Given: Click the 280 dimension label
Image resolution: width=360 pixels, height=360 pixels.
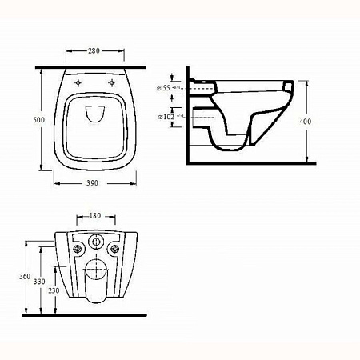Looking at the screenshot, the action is point(94,50).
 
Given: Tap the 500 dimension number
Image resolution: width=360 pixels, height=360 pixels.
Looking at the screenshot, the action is point(39,120).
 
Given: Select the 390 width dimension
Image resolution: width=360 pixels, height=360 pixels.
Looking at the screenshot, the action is point(92,183).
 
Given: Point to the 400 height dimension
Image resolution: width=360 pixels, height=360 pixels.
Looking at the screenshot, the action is point(306,122).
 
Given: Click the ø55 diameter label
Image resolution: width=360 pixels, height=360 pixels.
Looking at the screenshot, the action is point(163,88).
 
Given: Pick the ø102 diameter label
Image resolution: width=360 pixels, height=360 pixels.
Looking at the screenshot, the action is point(166,117).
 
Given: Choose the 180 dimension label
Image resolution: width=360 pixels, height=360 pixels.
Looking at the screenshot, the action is point(95,215).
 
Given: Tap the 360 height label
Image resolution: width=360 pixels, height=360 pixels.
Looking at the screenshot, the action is point(25,277).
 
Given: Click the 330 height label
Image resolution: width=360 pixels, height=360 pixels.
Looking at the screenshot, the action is point(39,282).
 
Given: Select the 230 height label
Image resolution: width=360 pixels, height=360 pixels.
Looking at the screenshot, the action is point(54,290).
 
